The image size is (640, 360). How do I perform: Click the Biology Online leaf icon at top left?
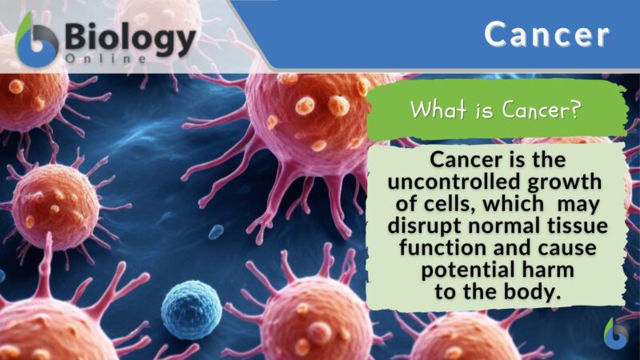(37, 41)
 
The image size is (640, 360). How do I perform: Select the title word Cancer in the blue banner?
(547, 34)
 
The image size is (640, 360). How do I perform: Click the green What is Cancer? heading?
(496, 110)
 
